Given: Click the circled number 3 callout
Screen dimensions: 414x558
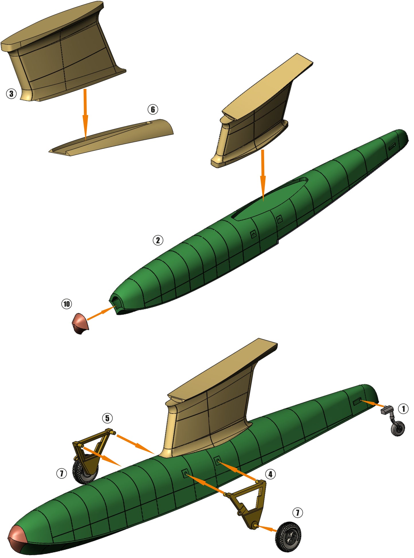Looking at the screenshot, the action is click(11, 93).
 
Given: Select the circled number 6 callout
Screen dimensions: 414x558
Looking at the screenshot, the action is click(153, 109).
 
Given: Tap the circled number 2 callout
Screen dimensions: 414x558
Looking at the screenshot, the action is click(158, 240).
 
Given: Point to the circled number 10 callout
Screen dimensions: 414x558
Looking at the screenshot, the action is click(66, 304).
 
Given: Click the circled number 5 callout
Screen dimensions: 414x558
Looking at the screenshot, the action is click(107, 418).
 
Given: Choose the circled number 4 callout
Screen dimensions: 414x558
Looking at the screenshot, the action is click(270, 474).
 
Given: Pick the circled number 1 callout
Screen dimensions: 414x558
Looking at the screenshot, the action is click(403, 409).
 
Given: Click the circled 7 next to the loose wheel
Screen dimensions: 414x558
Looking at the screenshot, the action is click(297, 512).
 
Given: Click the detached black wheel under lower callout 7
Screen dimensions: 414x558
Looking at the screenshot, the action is click(288, 537).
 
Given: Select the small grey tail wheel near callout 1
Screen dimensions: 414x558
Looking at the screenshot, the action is click(398, 429).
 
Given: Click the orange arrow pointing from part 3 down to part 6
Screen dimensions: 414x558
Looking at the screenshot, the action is click(85, 115).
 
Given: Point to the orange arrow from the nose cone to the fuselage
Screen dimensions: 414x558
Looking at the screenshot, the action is click(101, 313).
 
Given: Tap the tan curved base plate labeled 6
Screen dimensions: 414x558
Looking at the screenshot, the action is click(111, 137).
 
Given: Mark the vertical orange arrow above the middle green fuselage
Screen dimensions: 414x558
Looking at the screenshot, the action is click(263, 175).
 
